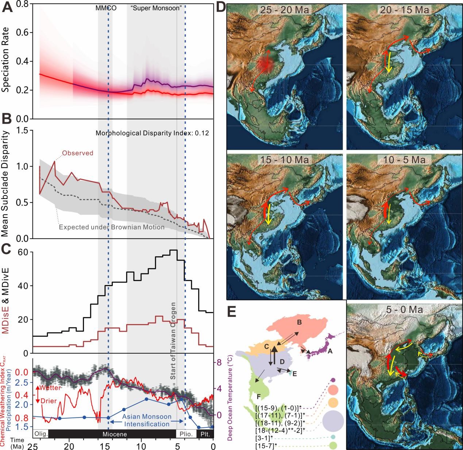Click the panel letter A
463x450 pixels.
coord(8,8)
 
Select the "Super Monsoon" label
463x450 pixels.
coord(157,8)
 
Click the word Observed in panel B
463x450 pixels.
coord(78,153)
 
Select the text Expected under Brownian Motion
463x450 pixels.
coord(112,227)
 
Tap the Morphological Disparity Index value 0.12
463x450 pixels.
coord(202,133)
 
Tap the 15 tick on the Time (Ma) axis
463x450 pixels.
coord(105,446)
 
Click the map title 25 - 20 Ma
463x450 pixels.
coord(285,10)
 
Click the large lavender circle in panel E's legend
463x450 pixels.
coord(333,420)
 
